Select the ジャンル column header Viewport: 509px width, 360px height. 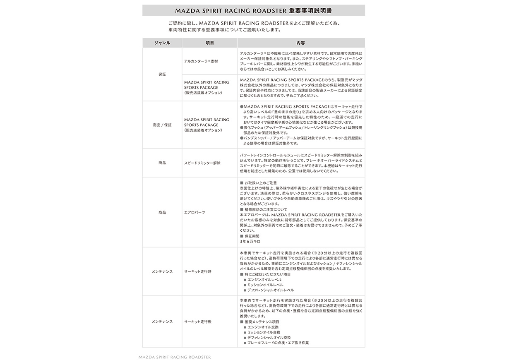pos(162,43)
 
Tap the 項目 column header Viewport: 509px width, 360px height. pos(209,43)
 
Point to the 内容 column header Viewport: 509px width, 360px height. pos(301,43)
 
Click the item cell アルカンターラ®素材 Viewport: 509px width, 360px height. pos(201,61)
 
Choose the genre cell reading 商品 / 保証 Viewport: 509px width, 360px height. pos(162,125)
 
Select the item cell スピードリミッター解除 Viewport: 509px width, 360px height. pos(202,163)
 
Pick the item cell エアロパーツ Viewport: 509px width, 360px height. pos(194,212)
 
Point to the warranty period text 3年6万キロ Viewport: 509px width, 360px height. pos(250,241)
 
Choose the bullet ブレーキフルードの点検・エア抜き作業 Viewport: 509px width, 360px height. pos(278,343)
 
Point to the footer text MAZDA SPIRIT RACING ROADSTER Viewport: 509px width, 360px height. pos(175,356)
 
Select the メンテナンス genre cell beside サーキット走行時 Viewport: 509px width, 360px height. pos(162,272)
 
